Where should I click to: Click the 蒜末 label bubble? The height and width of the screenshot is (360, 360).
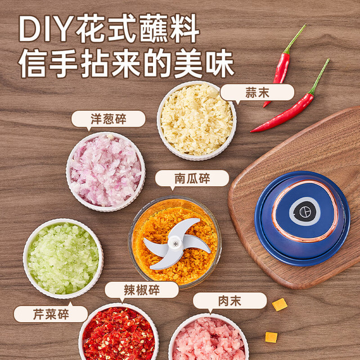[x=257, y=92]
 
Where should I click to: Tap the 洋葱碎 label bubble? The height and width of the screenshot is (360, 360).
[x=109, y=119]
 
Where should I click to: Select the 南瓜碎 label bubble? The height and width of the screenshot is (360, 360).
[x=192, y=178]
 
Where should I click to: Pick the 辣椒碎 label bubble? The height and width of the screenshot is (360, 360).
[x=142, y=290]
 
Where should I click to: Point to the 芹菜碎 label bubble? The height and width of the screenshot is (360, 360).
[x=51, y=314]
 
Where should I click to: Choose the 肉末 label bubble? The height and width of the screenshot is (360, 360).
[x=230, y=300]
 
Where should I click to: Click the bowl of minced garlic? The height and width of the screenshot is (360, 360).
[x=196, y=120]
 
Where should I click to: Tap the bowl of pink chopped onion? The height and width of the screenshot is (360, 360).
[x=106, y=172]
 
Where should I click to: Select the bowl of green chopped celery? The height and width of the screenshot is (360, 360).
[x=63, y=259]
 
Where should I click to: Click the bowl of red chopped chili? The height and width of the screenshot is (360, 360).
[x=119, y=332]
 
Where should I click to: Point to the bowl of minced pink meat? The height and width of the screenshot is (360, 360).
[x=209, y=337]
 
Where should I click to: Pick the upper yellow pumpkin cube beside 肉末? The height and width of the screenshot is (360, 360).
[x=280, y=305]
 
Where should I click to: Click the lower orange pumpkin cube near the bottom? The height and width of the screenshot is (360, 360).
[x=271, y=337]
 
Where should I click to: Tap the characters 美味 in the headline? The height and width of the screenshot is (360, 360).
[x=204, y=63]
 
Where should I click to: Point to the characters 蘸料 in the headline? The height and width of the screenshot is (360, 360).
[x=169, y=29]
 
